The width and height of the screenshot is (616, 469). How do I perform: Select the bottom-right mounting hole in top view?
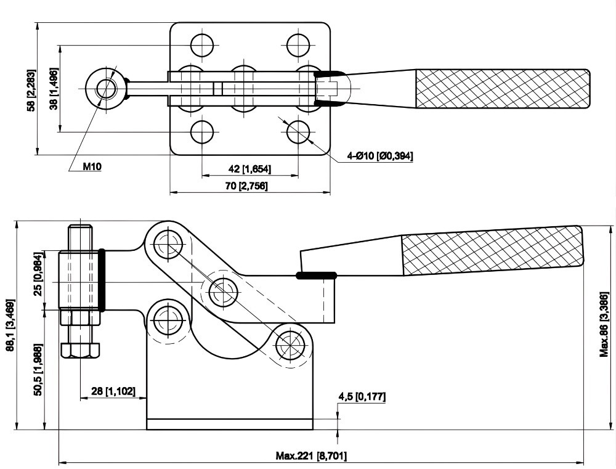[x=299, y=131]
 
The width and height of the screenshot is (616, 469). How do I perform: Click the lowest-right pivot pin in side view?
[x=290, y=343]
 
